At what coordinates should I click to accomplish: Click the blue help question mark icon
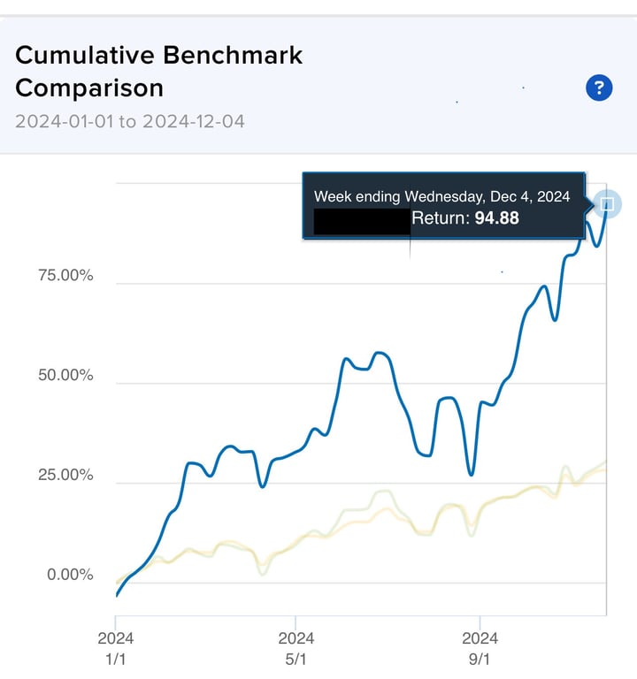(599, 88)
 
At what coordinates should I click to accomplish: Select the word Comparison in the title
(89, 88)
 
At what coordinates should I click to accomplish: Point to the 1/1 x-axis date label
(115, 659)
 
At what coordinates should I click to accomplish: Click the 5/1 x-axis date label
(295, 659)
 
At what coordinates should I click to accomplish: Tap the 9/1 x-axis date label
(479, 659)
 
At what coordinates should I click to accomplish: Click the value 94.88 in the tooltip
(496, 217)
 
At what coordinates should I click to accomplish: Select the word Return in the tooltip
(440, 217)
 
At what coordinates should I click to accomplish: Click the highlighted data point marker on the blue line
(608, 205)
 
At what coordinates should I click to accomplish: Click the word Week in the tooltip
(333, 195)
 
